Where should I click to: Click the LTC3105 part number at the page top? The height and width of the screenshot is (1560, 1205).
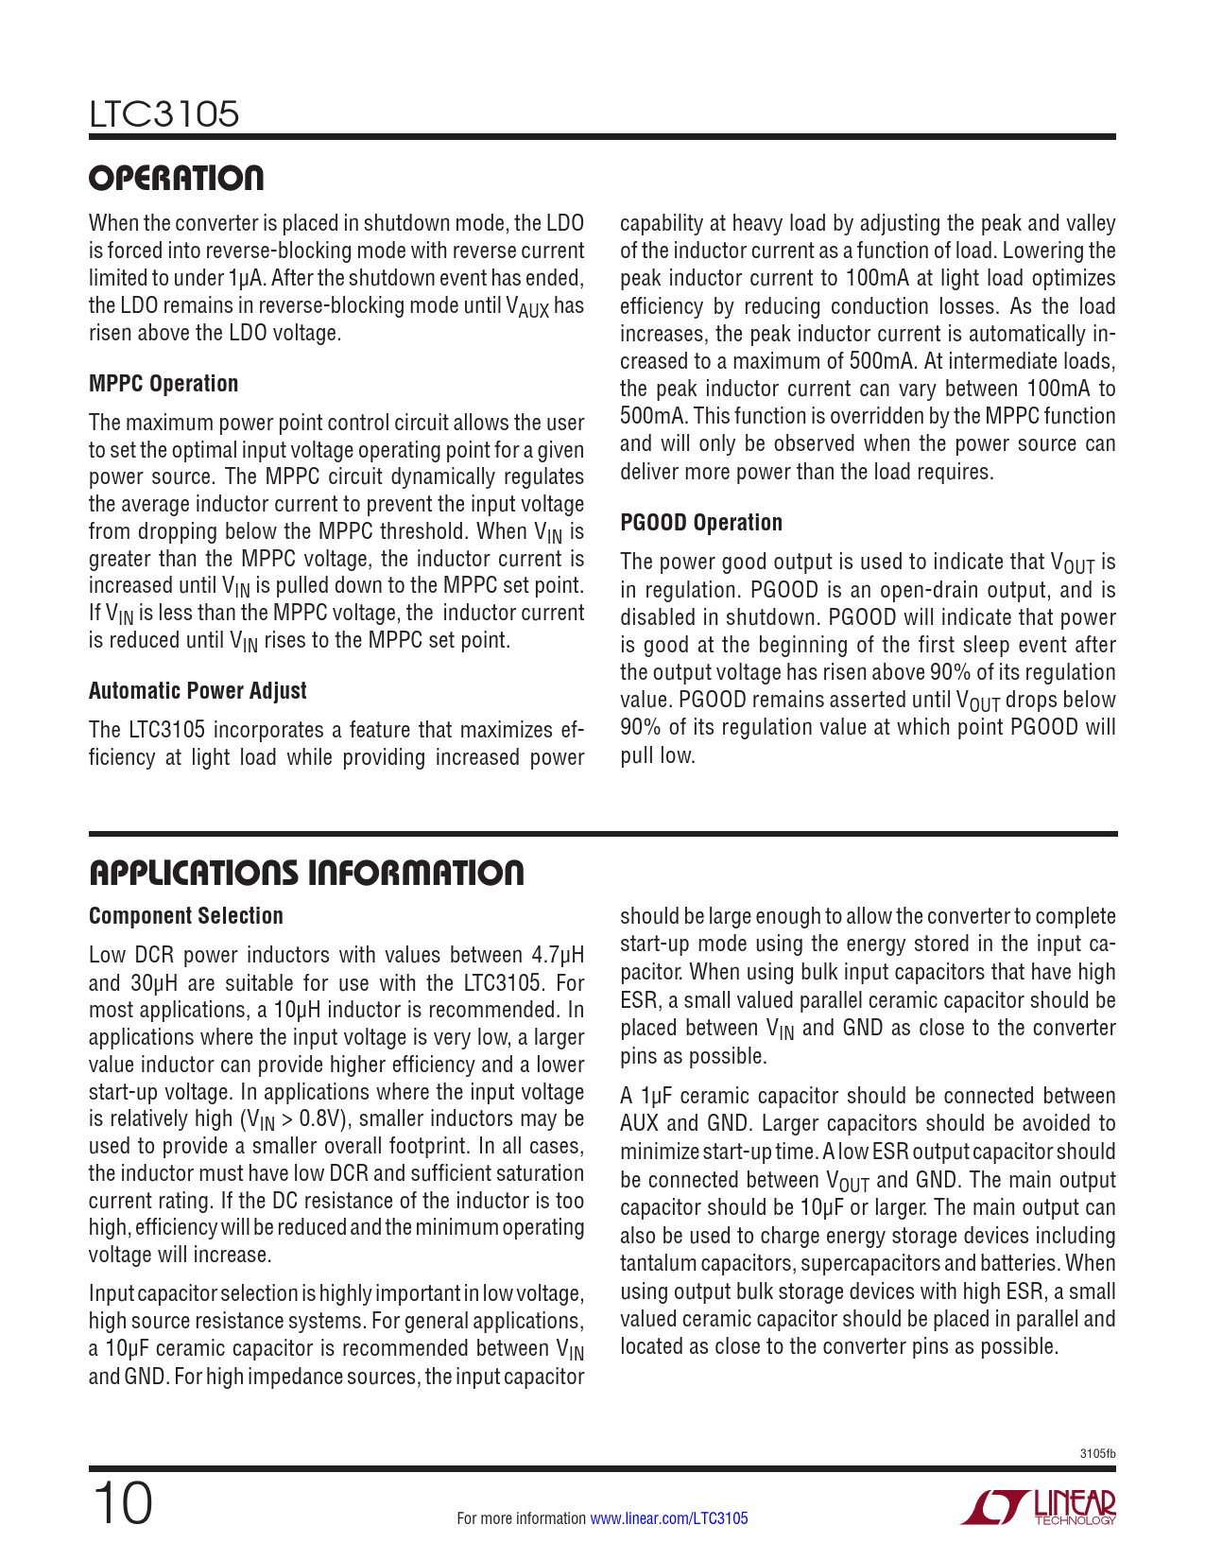click(x=164, y=114)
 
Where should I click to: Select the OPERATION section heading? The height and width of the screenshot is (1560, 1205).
click(x=177, y=178)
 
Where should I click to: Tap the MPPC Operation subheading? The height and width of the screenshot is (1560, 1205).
click(x=164, y=384)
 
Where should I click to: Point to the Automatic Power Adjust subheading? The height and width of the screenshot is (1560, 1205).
click(x=198, y=691)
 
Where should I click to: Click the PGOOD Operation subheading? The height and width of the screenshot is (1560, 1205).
click(x=701, y=523)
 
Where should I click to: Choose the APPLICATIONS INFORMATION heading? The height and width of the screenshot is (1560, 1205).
click(x=306, y=873)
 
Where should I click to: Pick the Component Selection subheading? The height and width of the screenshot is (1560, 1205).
click(x=186, y=916)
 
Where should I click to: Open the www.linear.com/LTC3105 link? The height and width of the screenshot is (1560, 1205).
click(x=668, y=1518)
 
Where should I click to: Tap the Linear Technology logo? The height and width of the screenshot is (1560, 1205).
click(x=1039, y=1507)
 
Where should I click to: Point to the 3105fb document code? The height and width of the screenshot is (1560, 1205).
click(x=1097, y=1454)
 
